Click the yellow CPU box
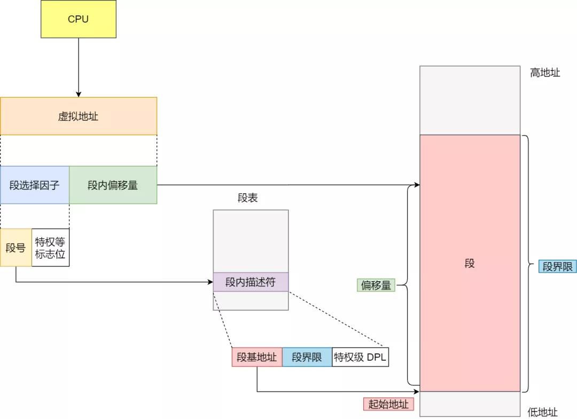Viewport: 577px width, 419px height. [x=79, y=19]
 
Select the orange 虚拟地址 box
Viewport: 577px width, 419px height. [x=79, y=116]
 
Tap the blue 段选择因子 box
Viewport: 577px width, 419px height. [x=35, y=185]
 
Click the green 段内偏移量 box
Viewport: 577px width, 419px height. [x=113, y=185]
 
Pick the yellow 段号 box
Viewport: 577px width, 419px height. [x=15, y=248]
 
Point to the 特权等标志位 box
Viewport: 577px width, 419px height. [x=50, y=248]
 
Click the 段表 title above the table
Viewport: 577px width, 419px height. [x=248, y=198]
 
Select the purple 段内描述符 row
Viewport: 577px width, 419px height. [x=251, y=282]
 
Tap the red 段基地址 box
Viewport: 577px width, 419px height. [x=257, y=357]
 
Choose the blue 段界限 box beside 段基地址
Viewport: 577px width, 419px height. [x=307, y=357]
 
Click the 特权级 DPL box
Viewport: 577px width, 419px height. [x=360, y=357]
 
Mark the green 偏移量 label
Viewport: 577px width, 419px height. [x=376, y=285]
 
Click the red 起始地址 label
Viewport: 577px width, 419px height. [x=388, y=404]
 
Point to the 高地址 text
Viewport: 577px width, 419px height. [x=545, y=73]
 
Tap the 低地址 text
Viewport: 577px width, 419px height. [x=543, y=412]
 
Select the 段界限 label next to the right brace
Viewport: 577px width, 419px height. [x=557, y=266]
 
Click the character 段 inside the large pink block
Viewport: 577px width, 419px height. [x=470, y=264]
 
